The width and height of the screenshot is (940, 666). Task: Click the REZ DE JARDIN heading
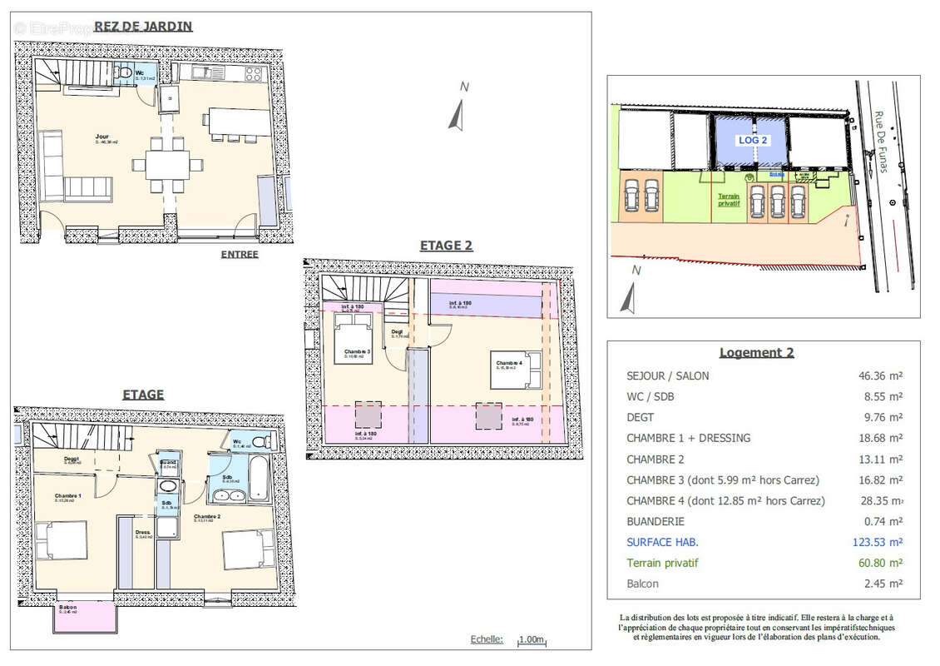pos(143,26)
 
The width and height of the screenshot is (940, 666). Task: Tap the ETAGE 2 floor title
pos(446,245)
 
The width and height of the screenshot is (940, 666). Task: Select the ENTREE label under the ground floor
pos(240,255)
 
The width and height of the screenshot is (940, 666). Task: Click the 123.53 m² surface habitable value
pos(881,542)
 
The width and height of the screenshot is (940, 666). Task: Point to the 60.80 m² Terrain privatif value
pos(881,563)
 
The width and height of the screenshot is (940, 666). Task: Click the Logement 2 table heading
pos(755,352)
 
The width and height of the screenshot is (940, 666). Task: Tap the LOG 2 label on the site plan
pos(753,140)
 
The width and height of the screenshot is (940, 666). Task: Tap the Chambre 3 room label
pos(358,351)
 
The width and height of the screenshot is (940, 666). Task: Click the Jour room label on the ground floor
pos(102,137)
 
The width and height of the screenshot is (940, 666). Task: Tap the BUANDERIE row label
pos(656,521)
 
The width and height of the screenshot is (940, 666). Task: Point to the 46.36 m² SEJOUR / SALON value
pos(881,375)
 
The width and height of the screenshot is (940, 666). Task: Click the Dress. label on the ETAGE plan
pos(143,532)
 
